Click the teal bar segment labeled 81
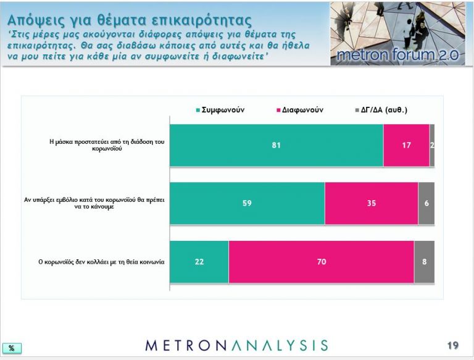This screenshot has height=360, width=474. (x=276, y=145)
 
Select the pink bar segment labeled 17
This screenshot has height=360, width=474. (x=406, y=145)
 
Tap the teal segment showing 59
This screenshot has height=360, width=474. (x=247, y=203)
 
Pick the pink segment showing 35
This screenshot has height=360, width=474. (x=371, y=203)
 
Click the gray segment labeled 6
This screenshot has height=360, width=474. (x=426, y=203)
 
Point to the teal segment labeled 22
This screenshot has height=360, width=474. (x=199, y=261)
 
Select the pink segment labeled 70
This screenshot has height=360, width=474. (x=321, y=261)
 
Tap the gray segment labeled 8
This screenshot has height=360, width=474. (x=424, y=261)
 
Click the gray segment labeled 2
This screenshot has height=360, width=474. (x=432, y=145)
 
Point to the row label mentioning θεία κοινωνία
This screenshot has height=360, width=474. (x=101, y=261)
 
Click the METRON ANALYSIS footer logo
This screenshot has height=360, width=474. (x=236, y=345)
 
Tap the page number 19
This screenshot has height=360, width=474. (x=453, y=345)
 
